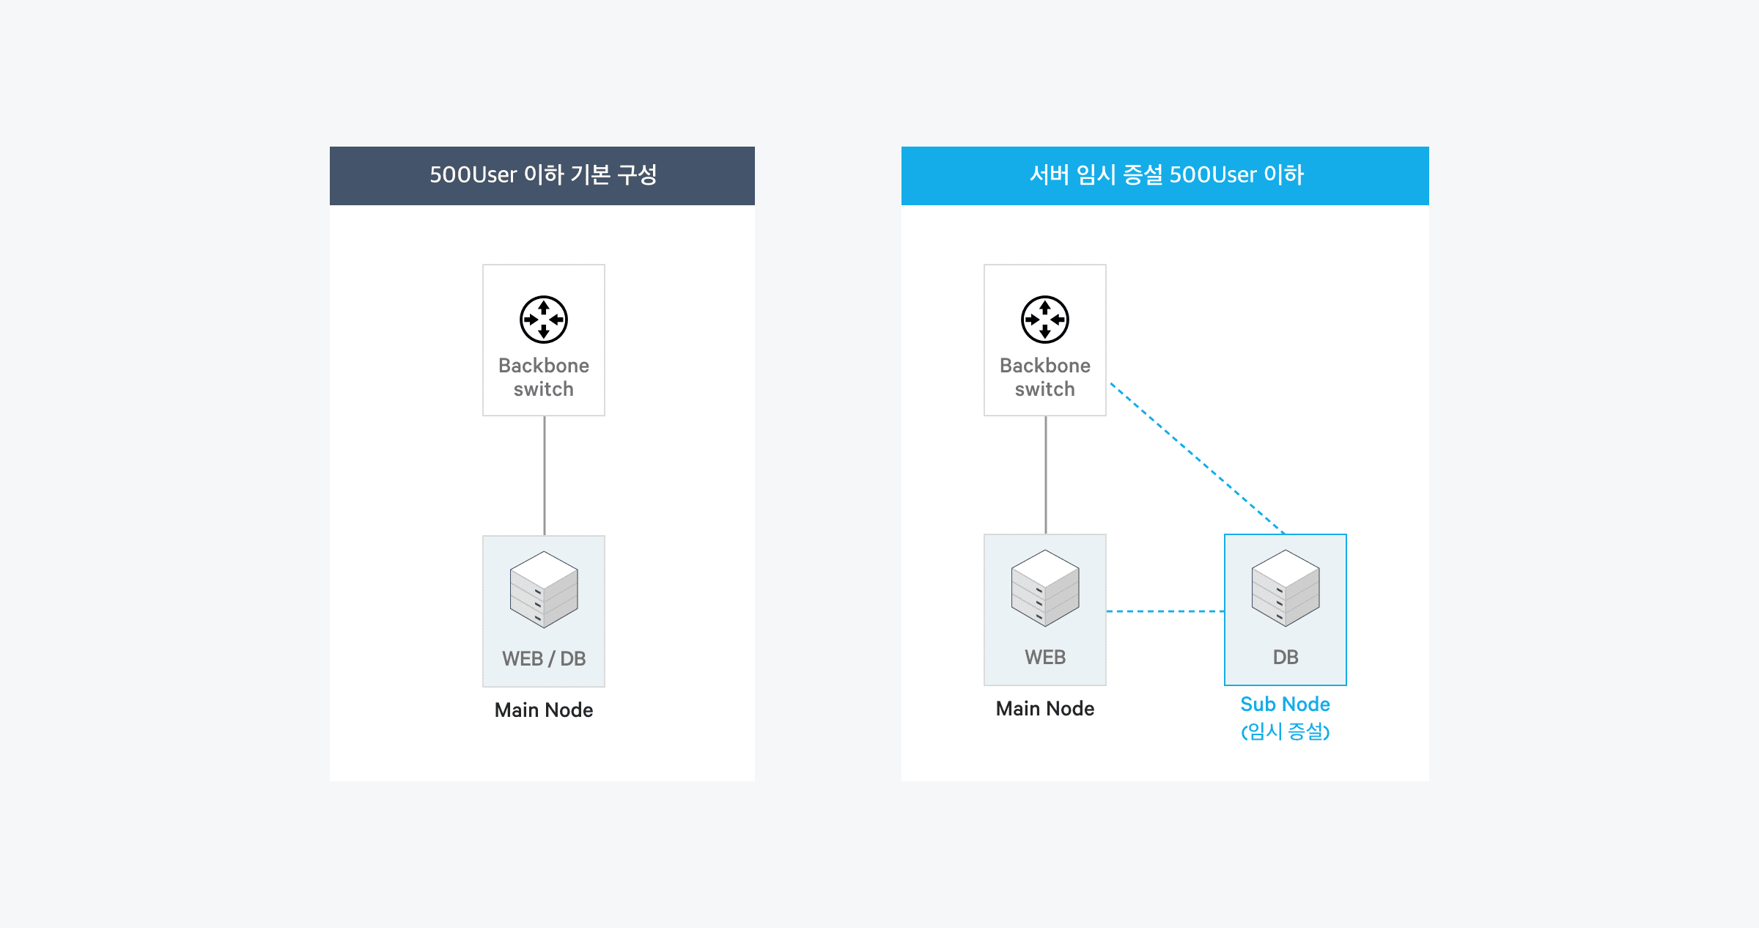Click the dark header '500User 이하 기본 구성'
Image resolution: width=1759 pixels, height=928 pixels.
pos(542,175)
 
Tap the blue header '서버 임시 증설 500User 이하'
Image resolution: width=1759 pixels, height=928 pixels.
pos(1165,175)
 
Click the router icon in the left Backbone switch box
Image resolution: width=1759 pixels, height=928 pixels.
pos(544,320)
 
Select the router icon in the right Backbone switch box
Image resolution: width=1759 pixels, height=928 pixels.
pos(1045,320)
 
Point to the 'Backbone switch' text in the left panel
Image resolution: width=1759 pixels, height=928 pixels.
pos(544,377)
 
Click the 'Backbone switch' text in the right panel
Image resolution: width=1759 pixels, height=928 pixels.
pos(1045,377)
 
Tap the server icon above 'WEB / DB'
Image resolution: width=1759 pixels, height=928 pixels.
pos(544,589)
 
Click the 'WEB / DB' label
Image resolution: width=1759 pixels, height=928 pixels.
pos(544,658)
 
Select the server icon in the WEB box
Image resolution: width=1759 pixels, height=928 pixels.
pos(1045,588)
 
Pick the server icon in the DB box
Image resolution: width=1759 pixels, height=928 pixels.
pos(1286,588)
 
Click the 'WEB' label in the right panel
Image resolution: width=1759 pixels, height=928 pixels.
pos(1045,657)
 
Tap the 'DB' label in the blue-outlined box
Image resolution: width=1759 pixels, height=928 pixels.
pos(1286,657)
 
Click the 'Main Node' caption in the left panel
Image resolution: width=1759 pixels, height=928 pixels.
pos(544,710)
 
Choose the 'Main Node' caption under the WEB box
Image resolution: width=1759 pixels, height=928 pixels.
pos(1045,708)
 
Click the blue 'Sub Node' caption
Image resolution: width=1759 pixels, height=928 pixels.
pos(1285,704)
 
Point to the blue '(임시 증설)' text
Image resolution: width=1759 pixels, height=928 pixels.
pos(1285,731)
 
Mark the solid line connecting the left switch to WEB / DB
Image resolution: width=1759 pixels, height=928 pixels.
pos(545,475)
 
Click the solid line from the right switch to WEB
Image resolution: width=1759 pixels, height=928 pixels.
pos(1046,475)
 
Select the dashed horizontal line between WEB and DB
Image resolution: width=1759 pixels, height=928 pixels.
pos(1165,611)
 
